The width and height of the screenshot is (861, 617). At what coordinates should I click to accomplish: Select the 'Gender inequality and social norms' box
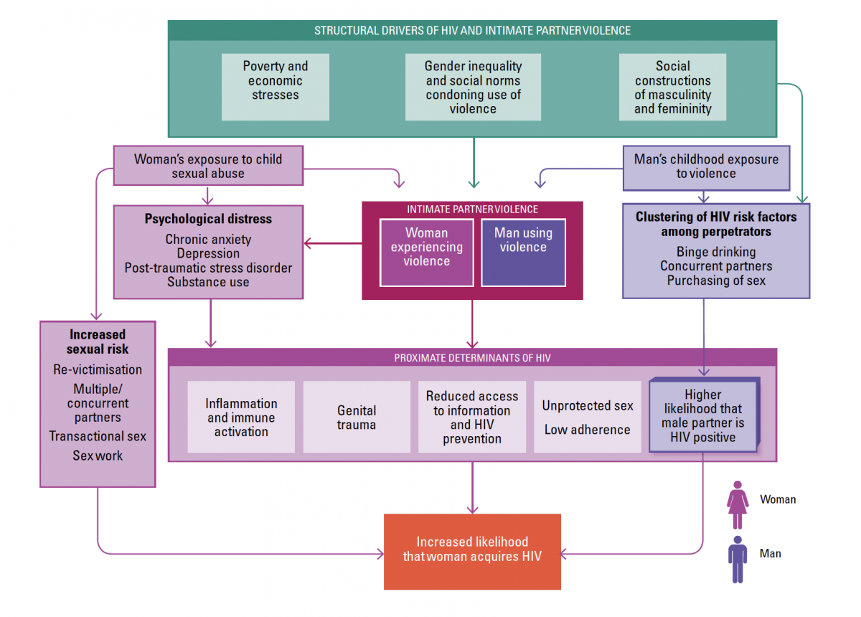pos(473,87)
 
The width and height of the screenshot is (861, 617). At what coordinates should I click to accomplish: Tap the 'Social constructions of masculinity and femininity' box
pos(672,87)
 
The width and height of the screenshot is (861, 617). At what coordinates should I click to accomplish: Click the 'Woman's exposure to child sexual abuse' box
pos(208,166)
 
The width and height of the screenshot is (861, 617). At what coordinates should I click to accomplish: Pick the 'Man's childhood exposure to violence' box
pos(706,166)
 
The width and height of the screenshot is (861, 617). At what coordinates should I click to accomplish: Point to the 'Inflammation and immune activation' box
pos(241,417)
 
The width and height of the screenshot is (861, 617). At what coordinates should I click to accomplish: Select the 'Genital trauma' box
pos(357,417)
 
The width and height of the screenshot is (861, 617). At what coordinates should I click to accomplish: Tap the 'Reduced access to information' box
pos(471,417)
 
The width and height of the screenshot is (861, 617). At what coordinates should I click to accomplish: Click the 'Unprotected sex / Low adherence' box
pos(588,417)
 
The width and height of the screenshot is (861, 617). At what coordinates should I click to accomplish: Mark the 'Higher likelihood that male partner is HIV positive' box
pos(702,415)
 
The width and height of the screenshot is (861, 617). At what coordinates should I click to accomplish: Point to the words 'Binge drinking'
pos(715,252)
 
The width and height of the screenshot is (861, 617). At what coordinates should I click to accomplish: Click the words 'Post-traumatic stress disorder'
pos(208,268)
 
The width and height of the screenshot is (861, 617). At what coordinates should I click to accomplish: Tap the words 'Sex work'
pos(98,456)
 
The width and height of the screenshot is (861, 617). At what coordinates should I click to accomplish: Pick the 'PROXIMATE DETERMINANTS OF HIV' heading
pos(472,357)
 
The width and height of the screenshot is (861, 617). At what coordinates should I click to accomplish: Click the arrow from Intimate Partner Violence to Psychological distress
pos(334,244)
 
